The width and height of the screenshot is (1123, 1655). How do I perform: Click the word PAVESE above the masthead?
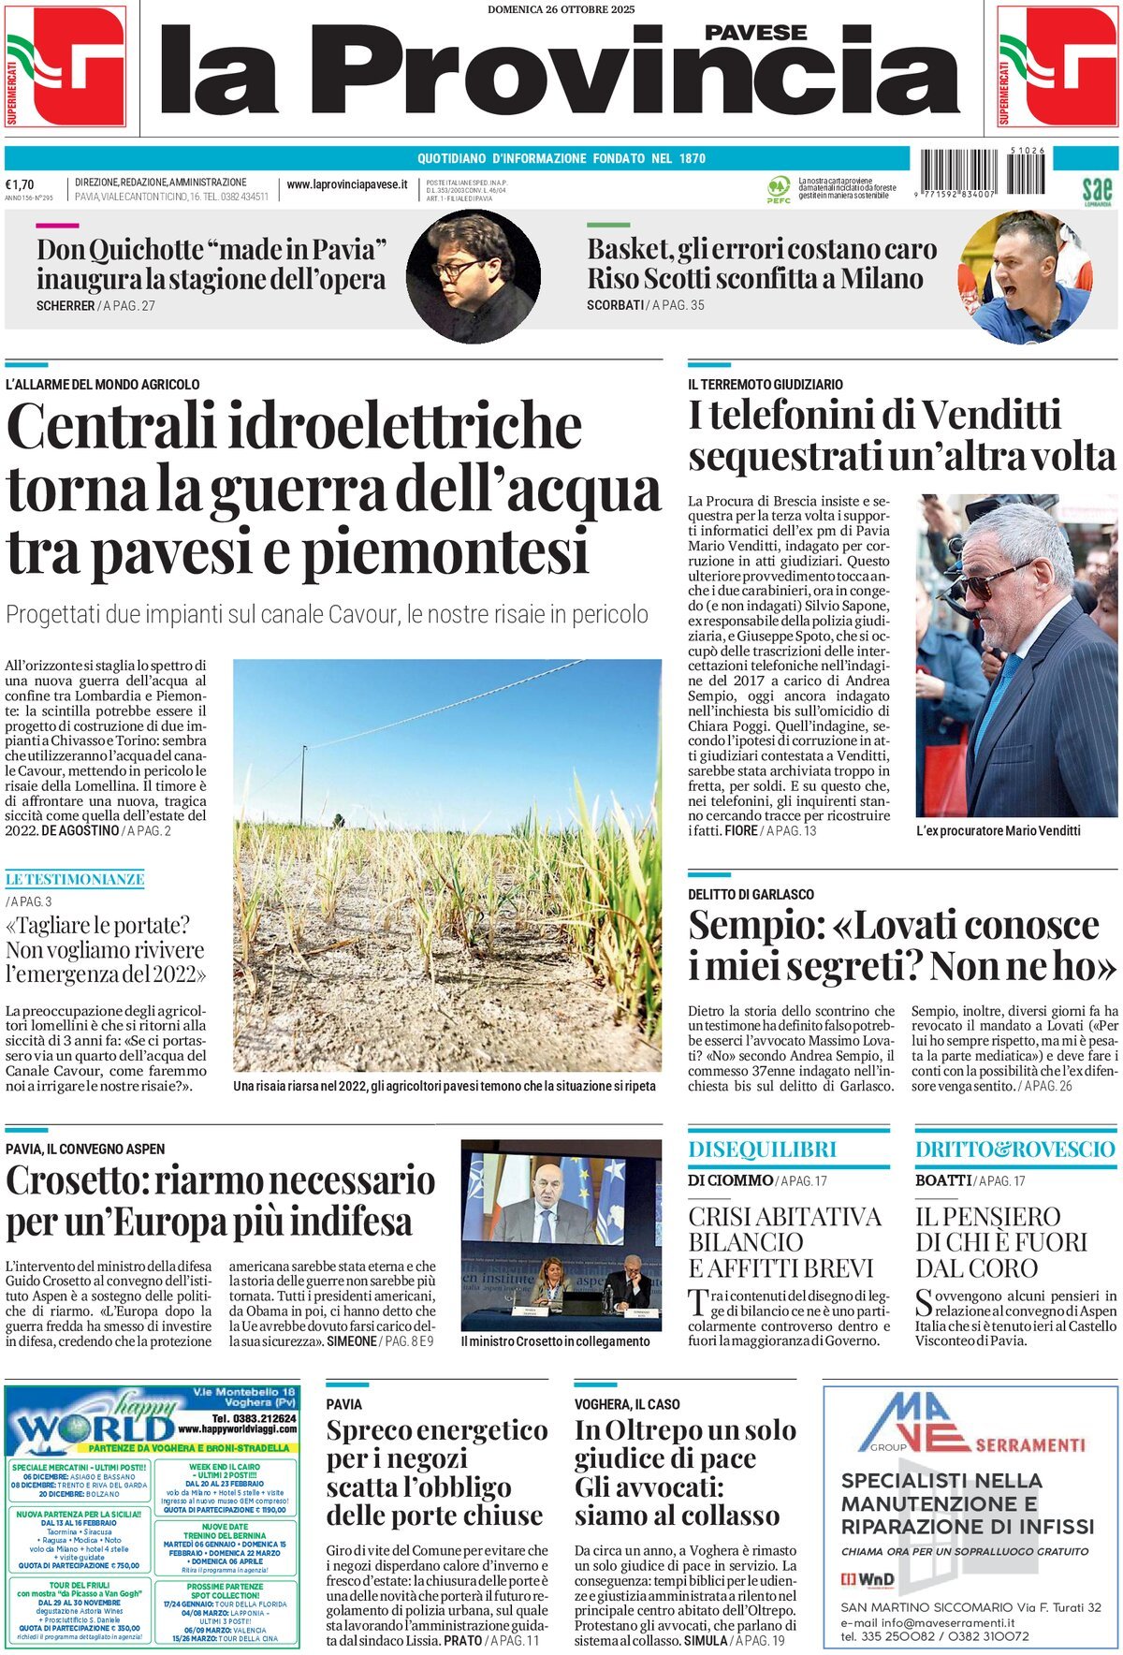pyautogui.click(x=755, y=33)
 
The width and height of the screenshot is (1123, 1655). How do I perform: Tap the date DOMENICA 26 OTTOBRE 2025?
pyautogui.click(x=561, y=9)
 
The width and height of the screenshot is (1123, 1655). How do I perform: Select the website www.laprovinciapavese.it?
pyautogui.click(x=346, y=185)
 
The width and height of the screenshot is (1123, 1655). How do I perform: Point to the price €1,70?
pyautogui.click(x=20, y=184)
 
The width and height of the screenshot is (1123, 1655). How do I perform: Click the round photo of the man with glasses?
pyautogui.click(x=473, y=275)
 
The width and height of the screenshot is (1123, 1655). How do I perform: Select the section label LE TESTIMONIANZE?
pyautogui.click(x=75, y=879)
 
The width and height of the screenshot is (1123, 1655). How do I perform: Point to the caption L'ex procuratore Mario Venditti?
pyautogui.click(x=998, y=830)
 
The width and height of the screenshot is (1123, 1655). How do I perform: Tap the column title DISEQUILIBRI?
pyautogui.click(x=762, y=1150)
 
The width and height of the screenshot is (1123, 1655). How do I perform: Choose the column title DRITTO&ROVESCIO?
pyautogui.click(x=1015, y=1150)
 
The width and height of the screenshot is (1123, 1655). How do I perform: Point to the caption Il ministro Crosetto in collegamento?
pyautogui.click(x=555, y=1341)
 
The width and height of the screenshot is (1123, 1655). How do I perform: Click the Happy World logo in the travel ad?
pyautogui.click(x=94, y=1422)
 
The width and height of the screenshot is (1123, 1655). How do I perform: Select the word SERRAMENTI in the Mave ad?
pyautogui.click(x=1029, y=1444)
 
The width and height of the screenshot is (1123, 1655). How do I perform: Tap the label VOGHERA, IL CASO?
pyautogui.click(x=627, y=1404)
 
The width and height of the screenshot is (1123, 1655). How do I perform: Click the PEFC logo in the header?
pyautogui.click(x=778, y=188)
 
